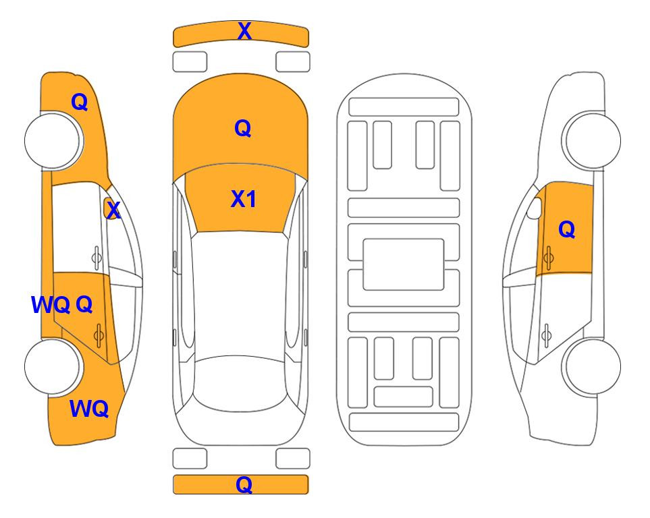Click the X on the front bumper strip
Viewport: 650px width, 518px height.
pos(244,31)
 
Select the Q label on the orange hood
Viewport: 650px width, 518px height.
pos(242,128)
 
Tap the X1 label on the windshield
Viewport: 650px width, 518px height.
pos(244,199)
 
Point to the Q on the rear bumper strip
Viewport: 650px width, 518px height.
pos(244,484)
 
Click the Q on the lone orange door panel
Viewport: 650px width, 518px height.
pos(567,229)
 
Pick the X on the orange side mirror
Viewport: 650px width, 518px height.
pos(113,210)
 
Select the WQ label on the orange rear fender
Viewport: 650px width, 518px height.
pos(89,409)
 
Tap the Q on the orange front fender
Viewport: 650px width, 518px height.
pos(80,102)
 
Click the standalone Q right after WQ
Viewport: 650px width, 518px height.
pos(84,305)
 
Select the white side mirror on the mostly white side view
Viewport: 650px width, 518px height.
pos(535,208)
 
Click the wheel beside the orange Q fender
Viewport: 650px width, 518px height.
pos(53,140)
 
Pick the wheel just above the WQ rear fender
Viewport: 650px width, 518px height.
pos(53,366)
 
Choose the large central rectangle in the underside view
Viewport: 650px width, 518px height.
pos(404,264)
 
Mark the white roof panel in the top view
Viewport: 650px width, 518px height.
pos(239,295)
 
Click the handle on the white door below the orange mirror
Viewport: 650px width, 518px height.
pos(97,258)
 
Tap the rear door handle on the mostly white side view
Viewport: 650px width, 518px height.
pos(547,336)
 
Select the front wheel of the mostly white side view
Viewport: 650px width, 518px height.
pos(591,140)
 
